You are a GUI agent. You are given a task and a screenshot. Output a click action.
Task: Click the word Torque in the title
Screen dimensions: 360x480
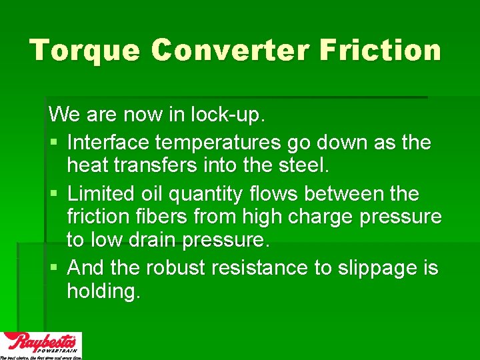coord(84,51)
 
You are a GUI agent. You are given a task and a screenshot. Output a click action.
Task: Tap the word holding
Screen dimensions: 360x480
coord(103,291)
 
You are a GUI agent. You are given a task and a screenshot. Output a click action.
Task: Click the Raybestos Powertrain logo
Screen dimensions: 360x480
coord(41,345)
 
